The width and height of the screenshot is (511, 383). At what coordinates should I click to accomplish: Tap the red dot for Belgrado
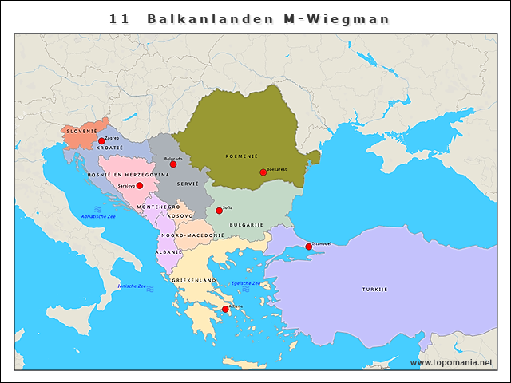[173, 164]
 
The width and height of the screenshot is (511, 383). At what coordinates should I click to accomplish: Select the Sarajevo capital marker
[139, 185]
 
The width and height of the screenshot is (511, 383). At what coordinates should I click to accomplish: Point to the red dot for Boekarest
[263, 172]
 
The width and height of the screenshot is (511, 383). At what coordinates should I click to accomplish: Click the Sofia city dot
[219, 211]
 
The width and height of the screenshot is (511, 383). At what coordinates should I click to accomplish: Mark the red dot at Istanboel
[308, 247]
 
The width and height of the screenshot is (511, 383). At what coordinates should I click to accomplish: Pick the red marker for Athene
[225, 309]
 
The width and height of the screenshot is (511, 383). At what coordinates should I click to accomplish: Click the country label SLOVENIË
[81, 130]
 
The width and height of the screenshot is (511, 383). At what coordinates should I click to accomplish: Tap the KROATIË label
[109, 148]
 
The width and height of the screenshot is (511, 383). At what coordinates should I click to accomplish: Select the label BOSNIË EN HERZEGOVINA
[129, 174]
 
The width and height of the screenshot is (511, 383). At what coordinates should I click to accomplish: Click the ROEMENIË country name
[241, 156]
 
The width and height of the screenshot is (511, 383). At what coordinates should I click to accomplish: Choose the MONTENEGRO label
[158, 207]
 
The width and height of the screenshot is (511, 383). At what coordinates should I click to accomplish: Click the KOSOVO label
[180, 216]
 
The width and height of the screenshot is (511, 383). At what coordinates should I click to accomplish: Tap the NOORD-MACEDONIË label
[192, 236]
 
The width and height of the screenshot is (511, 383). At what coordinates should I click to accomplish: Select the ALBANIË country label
[168, 252]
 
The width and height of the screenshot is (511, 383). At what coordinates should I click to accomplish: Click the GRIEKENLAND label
[194, 281]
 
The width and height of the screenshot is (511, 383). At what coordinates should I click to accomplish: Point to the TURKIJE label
[374, 289]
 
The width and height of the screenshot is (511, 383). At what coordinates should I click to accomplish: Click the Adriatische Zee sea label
[98, 217]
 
